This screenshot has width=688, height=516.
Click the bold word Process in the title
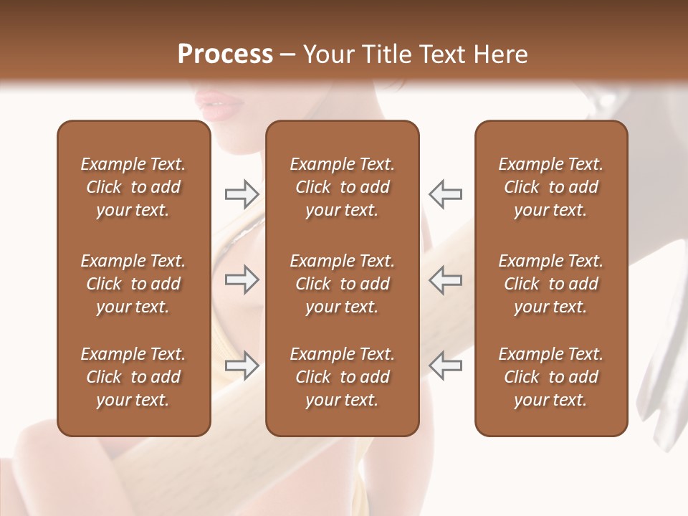pos(225,54)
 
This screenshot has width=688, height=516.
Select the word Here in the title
pos(501,54)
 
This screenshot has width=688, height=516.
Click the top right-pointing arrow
pos(242,193)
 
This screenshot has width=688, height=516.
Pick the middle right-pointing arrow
pos(242,280)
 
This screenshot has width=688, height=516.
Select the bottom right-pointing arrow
pos(242,365)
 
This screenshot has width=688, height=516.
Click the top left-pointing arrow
pos(446,193)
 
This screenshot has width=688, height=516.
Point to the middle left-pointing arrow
pos(446,280)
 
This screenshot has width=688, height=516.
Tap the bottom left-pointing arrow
pos(446,365)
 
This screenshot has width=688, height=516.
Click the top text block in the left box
pos(133,187)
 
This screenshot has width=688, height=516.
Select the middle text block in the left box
pos(133,284)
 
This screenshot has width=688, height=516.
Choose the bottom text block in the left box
pos(133,377)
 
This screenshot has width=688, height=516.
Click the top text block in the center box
pos(342,187)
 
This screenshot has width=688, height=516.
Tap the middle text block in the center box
pos(342,284)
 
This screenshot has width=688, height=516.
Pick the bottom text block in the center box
pos(342,377)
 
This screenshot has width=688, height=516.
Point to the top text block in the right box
pos(551,187)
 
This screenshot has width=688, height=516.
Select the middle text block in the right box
pos(551,284)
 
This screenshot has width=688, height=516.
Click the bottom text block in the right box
pos(551,377)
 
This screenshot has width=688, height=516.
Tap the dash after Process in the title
pos(287,55)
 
